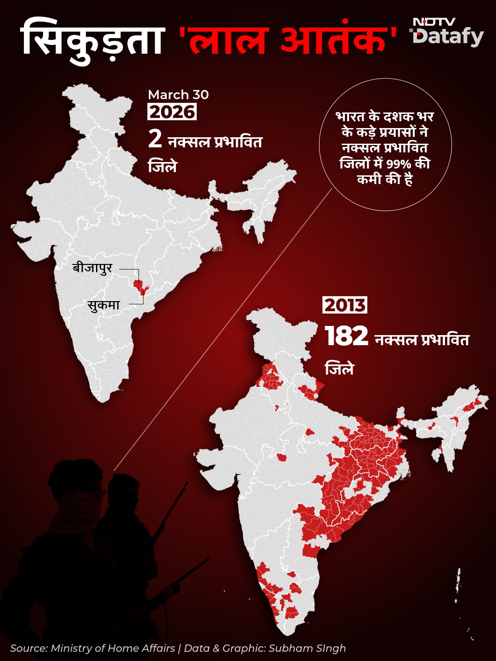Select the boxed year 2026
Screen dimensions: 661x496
click(x=172, y=112)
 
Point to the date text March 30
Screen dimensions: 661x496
click(x=178, y=95)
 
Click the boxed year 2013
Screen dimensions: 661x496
click(x=345, y=305)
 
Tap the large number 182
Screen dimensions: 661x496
click(x=347, y=336)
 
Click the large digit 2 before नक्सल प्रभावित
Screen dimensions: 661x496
click(x=155, y=139)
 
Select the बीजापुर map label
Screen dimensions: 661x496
click(x=92, y=268)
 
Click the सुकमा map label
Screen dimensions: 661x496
click(x=104, y=305)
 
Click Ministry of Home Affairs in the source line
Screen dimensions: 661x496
click(x=113, y=648)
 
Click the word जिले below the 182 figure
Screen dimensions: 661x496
click(x=339, y=369)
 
